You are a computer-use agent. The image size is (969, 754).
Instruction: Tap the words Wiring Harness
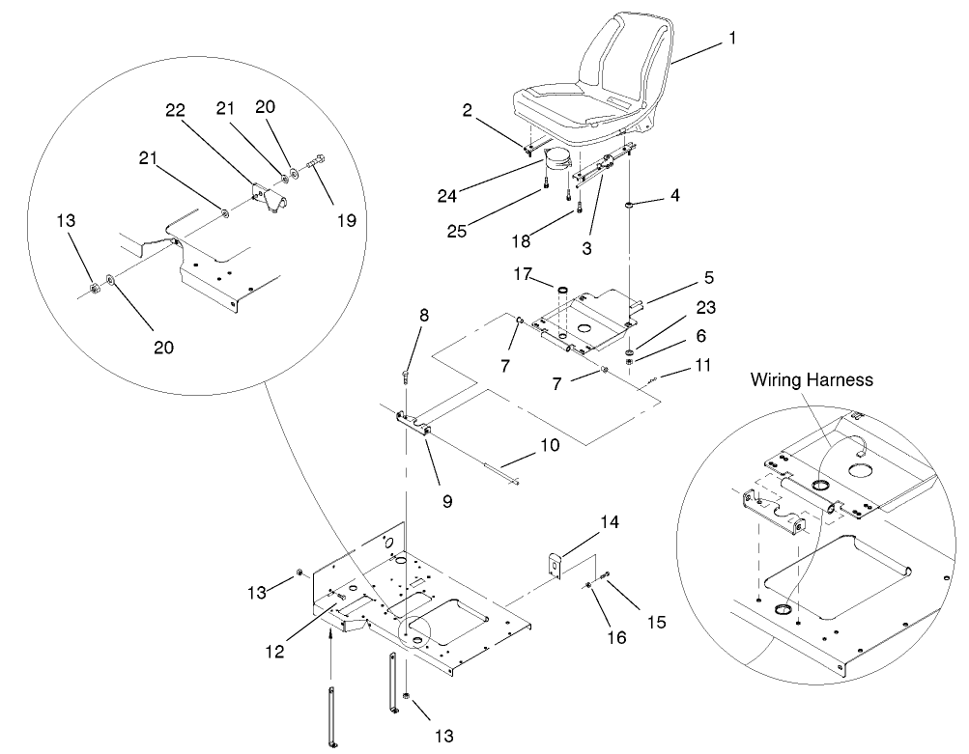[x=812, y=380]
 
